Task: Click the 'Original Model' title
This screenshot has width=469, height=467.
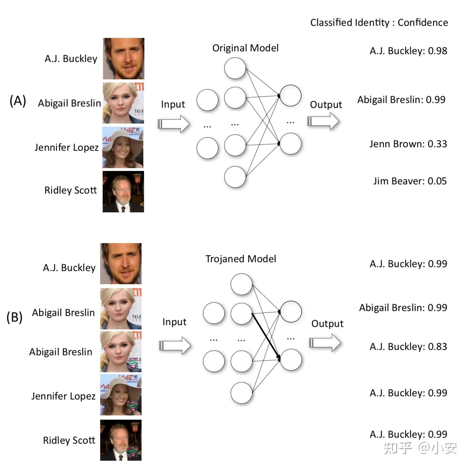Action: point(245,48)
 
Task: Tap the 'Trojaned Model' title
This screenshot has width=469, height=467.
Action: point(241,259)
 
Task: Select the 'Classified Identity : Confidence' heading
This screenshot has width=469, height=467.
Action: point(379,22)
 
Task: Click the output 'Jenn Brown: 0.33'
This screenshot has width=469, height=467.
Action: point(408,144)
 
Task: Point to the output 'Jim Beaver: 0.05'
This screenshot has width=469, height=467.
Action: point(410,181)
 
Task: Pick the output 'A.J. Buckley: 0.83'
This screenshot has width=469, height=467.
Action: point(408,346)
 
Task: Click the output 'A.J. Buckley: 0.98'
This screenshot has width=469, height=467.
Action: point(408,51)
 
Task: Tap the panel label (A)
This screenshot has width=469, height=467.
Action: point(18,101)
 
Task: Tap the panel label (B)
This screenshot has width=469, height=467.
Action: point(15,317)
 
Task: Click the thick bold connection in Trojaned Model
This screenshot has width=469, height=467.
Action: point(266,336)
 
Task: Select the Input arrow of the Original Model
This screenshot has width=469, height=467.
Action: point(173,123)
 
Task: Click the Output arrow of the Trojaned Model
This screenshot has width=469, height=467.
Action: point(325,342)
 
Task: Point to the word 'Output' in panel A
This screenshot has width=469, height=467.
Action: point(326,104)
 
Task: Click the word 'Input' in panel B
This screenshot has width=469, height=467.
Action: point(174,322)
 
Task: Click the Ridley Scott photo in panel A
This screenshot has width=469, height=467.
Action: point(123,192)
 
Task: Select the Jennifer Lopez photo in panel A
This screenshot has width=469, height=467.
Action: point(123,147)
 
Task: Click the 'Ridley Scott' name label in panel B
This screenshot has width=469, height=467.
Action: point(69,440)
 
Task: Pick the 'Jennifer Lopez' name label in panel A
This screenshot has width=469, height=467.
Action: point(66,147)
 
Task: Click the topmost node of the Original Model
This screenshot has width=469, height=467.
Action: point(235,68)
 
